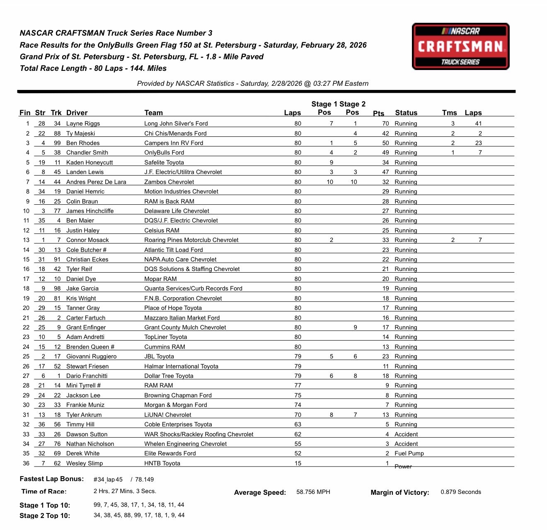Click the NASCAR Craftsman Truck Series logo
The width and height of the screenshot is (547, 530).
460,46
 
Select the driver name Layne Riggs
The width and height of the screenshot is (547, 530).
83,123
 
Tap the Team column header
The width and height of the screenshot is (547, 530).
153,113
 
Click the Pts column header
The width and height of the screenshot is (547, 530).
378,113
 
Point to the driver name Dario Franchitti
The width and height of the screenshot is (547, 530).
87,376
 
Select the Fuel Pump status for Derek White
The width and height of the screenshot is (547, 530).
409,453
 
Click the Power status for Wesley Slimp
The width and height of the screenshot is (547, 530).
403,467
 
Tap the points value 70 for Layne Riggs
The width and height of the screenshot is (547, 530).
385,123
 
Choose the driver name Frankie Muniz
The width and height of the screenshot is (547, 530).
85,405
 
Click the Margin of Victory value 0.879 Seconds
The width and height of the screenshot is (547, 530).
461,492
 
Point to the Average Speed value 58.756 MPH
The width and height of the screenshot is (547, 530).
313,492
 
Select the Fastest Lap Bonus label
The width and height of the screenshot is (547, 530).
52,479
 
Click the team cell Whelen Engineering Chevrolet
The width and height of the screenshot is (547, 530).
185,444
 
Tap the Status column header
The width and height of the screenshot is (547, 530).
406,113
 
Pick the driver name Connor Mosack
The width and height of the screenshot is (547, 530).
87,240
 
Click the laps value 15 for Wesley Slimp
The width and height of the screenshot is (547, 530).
298,463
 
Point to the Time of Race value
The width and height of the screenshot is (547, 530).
125,491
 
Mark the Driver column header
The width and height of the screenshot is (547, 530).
77,113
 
